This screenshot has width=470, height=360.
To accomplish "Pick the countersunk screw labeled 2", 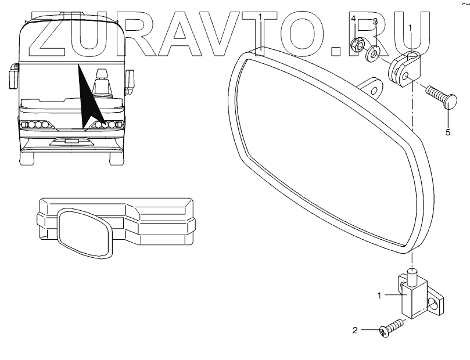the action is coord(390,328).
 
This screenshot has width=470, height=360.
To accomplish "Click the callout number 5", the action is coord(448,132).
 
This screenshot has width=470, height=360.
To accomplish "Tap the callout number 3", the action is coord(375,21).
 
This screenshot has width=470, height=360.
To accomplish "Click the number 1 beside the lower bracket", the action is coord(379,296).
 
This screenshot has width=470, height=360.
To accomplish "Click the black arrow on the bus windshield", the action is coord(87,99).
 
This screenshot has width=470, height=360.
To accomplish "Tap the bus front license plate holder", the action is coord(72,141).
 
